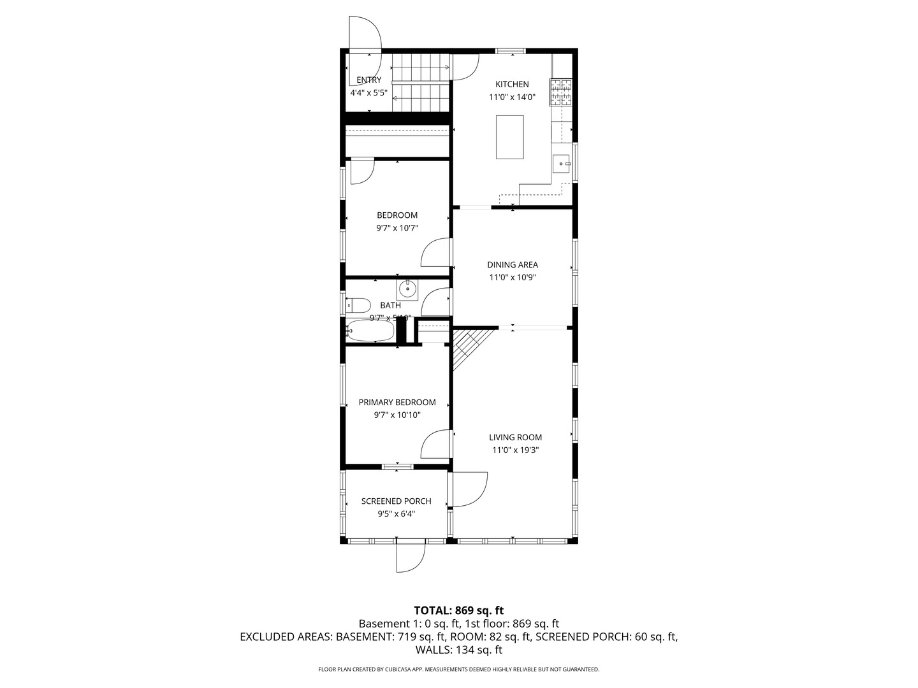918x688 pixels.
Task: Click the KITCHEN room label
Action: click(512, 84)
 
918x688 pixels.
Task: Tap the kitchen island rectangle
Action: click(510, 137)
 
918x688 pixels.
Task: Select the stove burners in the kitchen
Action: click(562, 92)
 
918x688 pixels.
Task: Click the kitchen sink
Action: click(561, 164)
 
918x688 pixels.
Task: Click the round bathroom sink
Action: click(407, 290)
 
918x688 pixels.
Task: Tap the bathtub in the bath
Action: click(370, 331)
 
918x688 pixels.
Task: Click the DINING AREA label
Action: click(513, 264)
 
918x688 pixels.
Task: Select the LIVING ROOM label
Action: click(515, 437)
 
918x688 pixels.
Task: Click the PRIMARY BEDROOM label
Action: click(397, 402)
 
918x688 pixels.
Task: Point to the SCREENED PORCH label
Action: click(396, 501)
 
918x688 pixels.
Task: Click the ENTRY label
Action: click(368, 80)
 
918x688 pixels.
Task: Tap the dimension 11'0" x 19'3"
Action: click(515, 450)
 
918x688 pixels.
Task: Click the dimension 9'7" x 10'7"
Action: click(397, 228)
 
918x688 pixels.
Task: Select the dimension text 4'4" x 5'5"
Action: click(368, 92)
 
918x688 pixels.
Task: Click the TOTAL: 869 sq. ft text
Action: click(458, 610)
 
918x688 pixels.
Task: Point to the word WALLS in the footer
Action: click(433, 650)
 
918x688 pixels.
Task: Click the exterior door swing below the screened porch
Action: click(409, 557)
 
